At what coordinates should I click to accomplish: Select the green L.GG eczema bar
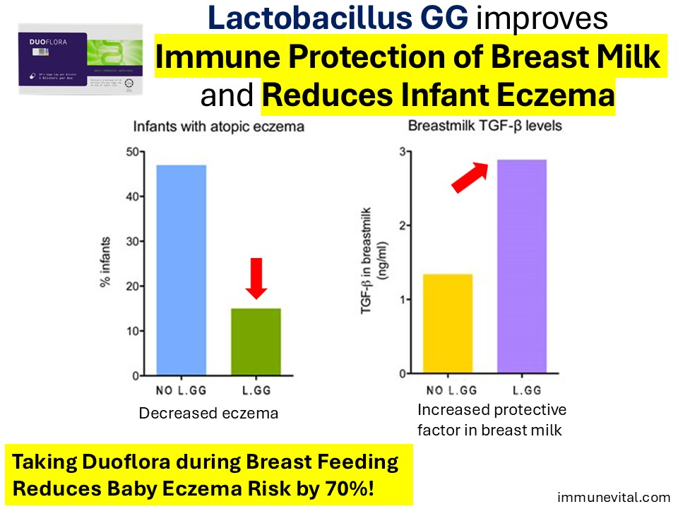tap(256, 342)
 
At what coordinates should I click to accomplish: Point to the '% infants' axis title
tap(105, 263)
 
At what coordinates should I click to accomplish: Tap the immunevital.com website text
tap(613, 496)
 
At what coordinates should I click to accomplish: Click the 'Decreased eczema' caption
tap(208, 414)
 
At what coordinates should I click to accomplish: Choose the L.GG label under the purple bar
tap(523, 390)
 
